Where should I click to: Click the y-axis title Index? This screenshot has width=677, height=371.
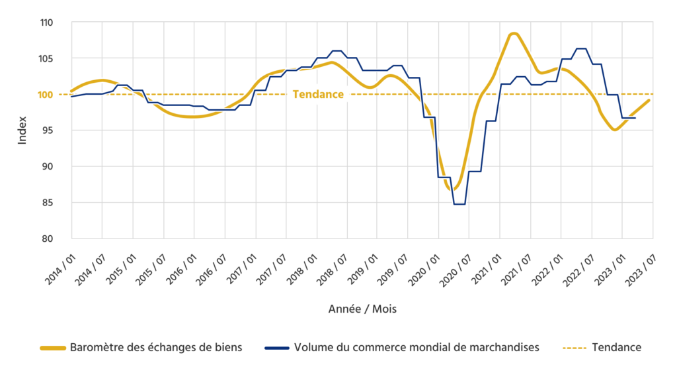point(22,131)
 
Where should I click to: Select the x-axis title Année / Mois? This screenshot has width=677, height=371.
point(362,309)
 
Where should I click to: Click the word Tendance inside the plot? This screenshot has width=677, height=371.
point(318,94)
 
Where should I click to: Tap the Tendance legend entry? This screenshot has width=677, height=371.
point(616,347)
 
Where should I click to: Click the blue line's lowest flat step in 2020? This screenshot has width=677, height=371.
point(459,204)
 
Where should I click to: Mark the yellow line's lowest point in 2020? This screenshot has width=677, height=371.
point(453,189)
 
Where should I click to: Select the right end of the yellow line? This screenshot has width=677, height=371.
point(651,100)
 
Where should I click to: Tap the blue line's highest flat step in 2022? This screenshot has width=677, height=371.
point(581,48)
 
